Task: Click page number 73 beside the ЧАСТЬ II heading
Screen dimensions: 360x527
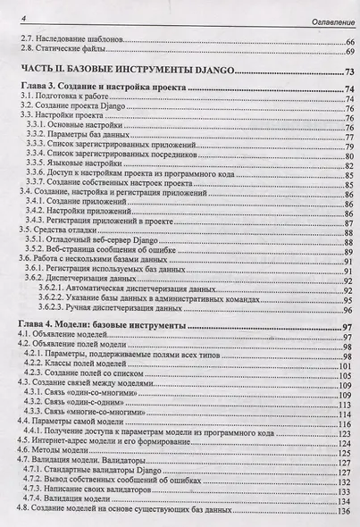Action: (347, 72)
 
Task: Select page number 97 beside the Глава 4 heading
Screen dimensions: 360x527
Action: (347, 329)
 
